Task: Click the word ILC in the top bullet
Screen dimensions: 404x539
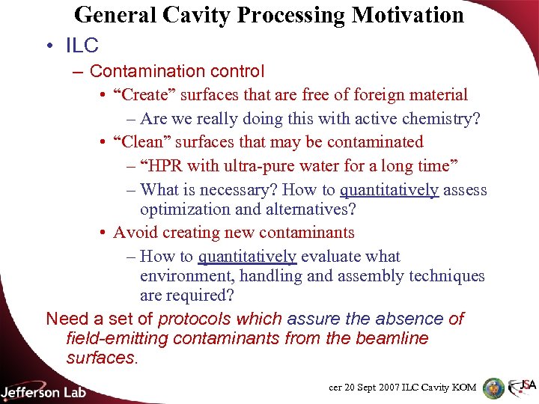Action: [x=82, y=46]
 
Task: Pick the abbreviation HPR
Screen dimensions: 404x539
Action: [x=167, y=165]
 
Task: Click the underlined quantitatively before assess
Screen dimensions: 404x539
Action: [x=389, y=190]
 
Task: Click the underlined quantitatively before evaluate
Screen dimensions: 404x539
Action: [x=248, y=257]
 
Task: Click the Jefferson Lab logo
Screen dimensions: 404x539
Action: [x=43, y=391]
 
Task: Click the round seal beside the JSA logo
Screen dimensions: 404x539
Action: [x=493, y=388]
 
